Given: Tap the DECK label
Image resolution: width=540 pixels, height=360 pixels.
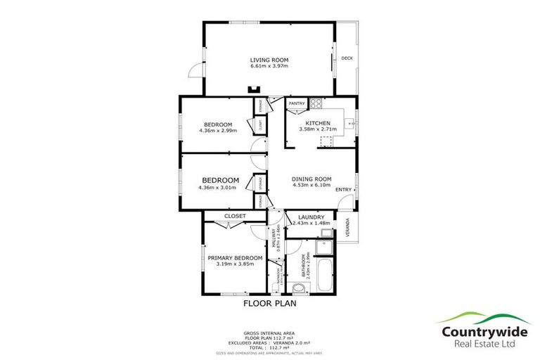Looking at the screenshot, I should pos(347,58).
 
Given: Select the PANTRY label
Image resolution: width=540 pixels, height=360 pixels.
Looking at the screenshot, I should pos(297,104).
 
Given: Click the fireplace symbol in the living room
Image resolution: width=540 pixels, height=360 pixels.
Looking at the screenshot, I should pos(254,89).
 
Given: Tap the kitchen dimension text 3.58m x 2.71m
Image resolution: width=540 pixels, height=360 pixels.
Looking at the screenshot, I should pos(318,130).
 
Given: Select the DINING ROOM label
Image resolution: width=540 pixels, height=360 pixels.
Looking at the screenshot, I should pos(311,179).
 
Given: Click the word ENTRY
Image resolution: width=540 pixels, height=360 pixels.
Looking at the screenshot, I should pos(343,189).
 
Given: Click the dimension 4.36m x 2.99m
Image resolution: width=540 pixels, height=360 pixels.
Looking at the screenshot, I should pos(218,130).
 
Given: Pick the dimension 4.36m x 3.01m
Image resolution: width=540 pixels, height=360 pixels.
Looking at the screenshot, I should pos(218,188).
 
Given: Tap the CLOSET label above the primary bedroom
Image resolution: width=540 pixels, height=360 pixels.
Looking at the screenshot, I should pos(234,216).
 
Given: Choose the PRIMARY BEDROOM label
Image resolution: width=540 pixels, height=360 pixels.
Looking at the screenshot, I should pos(235,258).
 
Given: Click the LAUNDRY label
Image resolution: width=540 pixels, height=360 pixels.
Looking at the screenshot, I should pos(310,217).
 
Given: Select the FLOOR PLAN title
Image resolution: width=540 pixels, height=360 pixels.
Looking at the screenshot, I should pos(269,304).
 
